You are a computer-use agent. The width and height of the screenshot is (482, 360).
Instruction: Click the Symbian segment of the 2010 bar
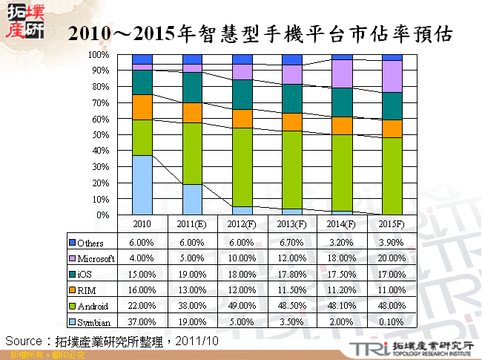(142, 185)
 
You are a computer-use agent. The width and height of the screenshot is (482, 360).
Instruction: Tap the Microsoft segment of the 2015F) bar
(392, 76)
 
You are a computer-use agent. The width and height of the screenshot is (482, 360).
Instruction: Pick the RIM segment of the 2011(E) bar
(192, 113)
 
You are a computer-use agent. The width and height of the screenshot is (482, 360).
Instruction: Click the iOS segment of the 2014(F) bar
(342, 102)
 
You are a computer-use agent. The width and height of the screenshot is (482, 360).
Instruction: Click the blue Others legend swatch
(72, 243)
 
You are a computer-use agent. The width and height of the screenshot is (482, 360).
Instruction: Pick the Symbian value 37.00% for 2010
(142, 321)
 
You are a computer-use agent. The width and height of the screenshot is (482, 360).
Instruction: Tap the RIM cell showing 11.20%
(341, 289)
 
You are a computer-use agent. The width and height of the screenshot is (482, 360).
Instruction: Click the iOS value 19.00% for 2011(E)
(192, 274)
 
